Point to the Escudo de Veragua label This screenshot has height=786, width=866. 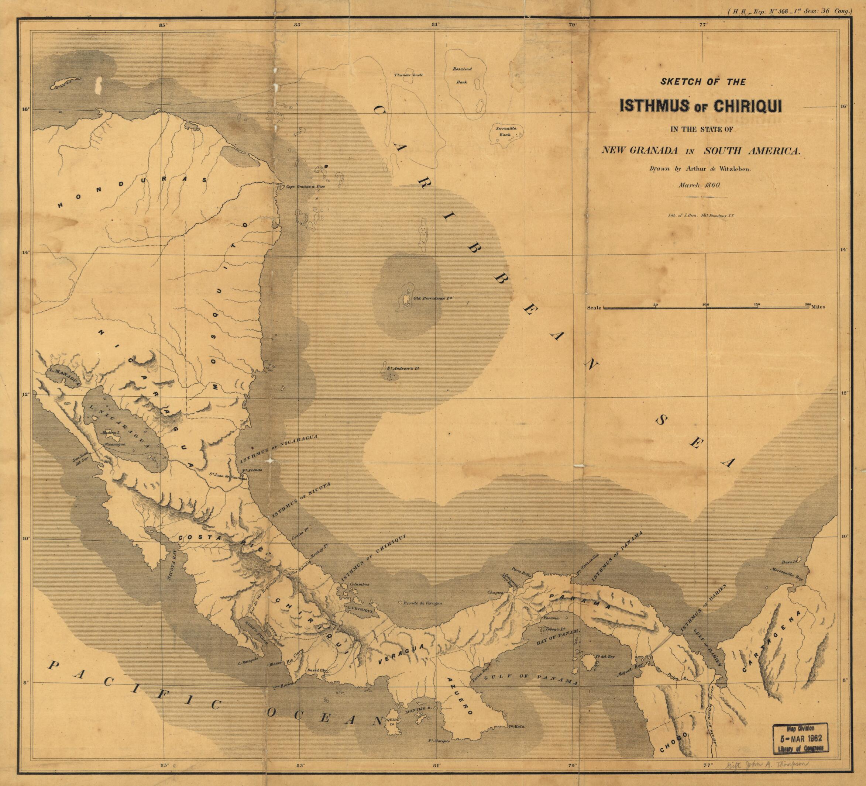pos(422,603)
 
